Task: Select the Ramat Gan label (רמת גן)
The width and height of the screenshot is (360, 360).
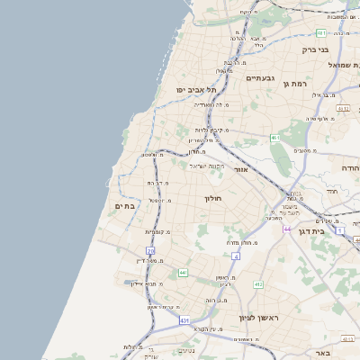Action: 269,84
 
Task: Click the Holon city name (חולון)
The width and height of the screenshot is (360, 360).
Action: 212,198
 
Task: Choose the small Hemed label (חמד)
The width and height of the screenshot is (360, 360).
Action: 331,191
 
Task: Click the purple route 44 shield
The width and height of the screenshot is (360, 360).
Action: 287,229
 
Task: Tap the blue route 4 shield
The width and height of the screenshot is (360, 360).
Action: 236,256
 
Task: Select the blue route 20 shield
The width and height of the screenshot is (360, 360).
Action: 150,251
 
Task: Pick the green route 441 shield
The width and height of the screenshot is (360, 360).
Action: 183,272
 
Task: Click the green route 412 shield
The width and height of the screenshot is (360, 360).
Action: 258,284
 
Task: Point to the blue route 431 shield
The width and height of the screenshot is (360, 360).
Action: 184,319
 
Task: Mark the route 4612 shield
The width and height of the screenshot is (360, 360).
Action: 343,108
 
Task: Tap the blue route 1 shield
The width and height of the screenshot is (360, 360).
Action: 340,231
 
